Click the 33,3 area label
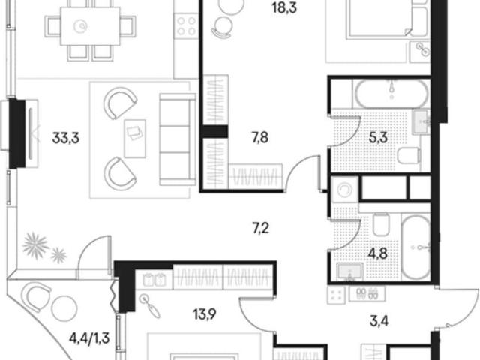(x=66, y=138)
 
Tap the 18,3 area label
(x=284, y=8)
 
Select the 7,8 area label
(x=260, y=138)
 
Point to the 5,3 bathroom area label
(x=378, y=138)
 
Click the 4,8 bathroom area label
(x=378, y=253)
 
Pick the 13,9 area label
(x=205, y=313)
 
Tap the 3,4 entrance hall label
(x=379, y=321)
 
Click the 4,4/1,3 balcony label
(x=89, y=338)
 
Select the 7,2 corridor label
(x=260, y=228)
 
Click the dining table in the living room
(x=90, y=26)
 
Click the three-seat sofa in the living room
(x=178, y=139)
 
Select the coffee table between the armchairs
(x=135, y=139)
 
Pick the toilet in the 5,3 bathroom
(x=408, y=156)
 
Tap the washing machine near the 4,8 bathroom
(x=345, y=190)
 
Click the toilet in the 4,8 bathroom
(x=382, y=225)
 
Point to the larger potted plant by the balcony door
(x=35, y=245)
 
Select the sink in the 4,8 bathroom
(x=350, y=271)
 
